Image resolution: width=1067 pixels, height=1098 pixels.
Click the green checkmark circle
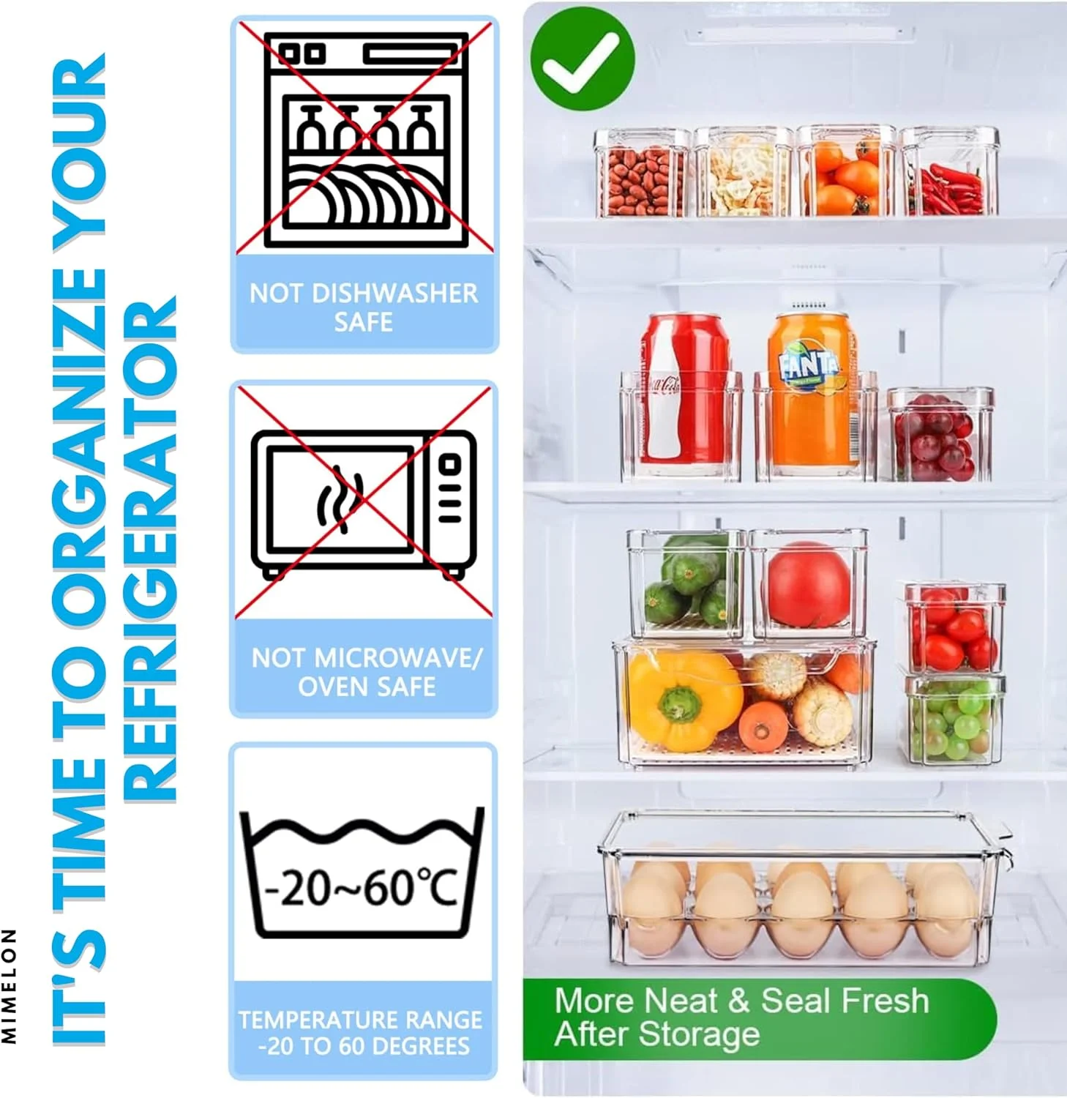(583, 59)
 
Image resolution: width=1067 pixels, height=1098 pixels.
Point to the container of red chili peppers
(949, 171)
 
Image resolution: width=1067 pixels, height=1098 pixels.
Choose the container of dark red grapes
(940, 434)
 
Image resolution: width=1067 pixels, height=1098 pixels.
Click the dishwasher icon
(365, 139)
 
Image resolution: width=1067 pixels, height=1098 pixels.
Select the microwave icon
(364, 504)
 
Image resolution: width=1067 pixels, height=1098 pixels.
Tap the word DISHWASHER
(394, 294)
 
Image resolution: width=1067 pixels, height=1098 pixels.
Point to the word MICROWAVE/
(396, 657)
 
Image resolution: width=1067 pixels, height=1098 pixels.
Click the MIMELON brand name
(9, 985)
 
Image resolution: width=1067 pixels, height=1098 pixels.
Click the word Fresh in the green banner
(886, 1001)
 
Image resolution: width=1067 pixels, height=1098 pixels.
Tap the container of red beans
(642, 173)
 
